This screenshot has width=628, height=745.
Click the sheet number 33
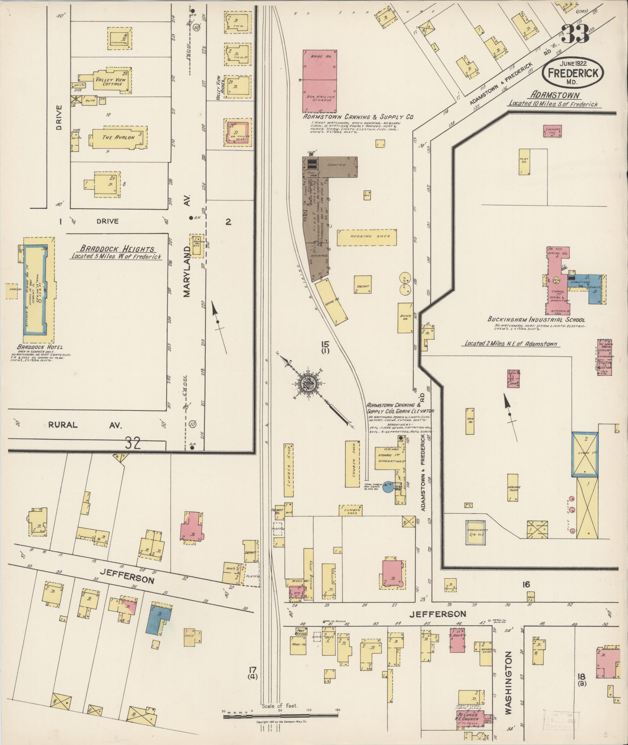[574, 35]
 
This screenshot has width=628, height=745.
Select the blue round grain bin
[388, 487]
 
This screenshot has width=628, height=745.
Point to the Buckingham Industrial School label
[536, 319]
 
